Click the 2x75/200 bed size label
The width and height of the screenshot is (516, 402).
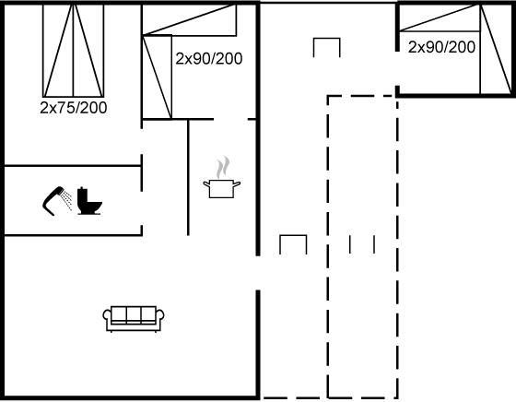pyautogui.click(x=74, y=108)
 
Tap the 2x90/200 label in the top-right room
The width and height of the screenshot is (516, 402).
pyautogui.click(x=441, y=47)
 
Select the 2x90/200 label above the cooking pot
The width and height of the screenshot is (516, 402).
pyautogui.click(x=209, y=59)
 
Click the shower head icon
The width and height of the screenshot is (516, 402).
pyautogui.click(x=53, y=200)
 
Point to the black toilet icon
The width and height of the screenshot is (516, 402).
pyautogui.click(x=88, y=201)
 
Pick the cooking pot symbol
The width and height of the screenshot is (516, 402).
pyautogui.click(x=222, y=188)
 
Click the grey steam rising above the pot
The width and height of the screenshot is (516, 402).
pyautogui.click(x=223, y=167)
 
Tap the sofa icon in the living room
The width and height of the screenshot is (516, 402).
pyautogui.click(x=134, y=318)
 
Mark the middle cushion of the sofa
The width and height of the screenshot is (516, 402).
pyautogui.click(x=134, y=313)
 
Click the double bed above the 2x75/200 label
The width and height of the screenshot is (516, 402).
pyautogui.click(x=74, y=51)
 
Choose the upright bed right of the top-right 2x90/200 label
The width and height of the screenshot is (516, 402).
pyautogui.click(x=496, y=50)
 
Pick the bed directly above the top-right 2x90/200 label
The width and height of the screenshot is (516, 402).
pyautogui.click(x=440, y=18)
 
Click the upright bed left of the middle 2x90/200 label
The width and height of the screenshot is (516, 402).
pyautogui.click(x=157, y=77)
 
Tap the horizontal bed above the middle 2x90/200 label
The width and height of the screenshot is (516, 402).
pyautogui.click(x=189, y=19)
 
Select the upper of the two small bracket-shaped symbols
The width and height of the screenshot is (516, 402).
pyautogui.click(x=326, y=39)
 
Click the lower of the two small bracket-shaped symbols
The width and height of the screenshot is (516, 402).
pyautogui.click(x=293, y=236)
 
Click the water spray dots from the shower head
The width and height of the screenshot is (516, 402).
pyautogui.click(x=67, y=199)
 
